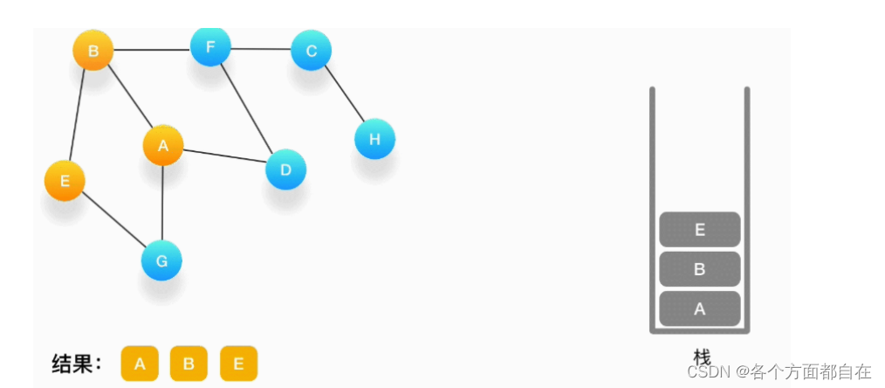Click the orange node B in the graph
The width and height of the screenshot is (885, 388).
tap(93, 52)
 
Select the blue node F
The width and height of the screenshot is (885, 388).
tap(210, 46)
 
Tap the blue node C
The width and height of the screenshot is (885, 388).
tap(311, 51)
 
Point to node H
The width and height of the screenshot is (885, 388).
tap(374, 139)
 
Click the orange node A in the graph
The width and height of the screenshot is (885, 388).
tap(163, 146)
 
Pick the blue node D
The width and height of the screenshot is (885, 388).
tap(285, 169)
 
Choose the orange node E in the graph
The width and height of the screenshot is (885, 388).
tap(65, 181)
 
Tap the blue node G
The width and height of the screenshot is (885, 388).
tap(161, 260)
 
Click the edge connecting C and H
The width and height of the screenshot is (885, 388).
tap(343, 95)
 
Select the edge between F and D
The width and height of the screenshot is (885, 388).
tap(248, 107)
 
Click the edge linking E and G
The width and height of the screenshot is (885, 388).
tap(113, 221)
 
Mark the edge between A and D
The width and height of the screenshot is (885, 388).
tap(224, 157)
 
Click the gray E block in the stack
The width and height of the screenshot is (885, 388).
tap(699, 230)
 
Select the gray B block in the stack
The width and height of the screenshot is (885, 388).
tap(699, 269)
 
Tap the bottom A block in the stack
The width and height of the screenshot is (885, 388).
tap(699, 308)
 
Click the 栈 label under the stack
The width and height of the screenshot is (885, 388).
tap(702, 357)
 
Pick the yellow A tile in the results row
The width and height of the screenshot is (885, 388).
tap(140, 364)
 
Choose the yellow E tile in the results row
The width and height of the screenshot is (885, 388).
tap(238, 364)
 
